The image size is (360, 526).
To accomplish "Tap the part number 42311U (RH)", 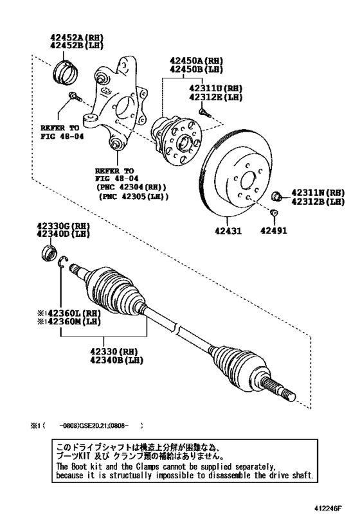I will tap(215, 89).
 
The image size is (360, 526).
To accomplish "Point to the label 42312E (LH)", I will tap(215, 98).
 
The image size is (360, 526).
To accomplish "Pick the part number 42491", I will tap(274, 230).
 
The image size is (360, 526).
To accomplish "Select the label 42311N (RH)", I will tap(318, 192).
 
